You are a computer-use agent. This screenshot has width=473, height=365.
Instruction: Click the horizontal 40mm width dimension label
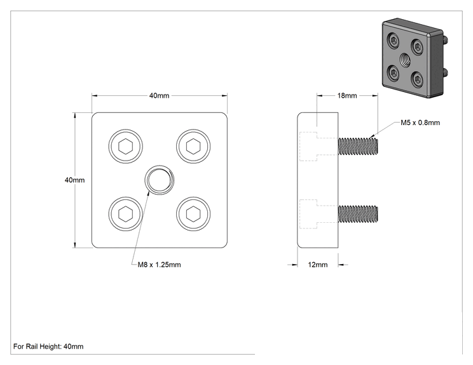(x=160, y=96)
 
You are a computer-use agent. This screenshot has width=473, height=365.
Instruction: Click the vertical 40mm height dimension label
(x=74, y=180)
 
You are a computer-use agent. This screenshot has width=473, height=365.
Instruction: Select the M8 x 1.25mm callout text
(x=160, y=265)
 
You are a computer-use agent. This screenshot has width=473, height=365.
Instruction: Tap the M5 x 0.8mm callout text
(x=420, y=123)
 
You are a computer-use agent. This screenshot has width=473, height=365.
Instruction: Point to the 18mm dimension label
(x=347, y=96)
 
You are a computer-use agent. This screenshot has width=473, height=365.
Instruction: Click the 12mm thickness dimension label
(x=318, y=265)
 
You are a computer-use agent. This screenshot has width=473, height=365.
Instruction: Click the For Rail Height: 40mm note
(x=48, y=347)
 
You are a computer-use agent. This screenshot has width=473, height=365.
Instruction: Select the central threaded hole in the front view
(x=160, y=180)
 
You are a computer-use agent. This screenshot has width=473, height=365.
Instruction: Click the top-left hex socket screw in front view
(x=125, y=147)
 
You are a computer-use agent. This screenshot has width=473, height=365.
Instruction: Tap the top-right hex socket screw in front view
(x=193, y=147)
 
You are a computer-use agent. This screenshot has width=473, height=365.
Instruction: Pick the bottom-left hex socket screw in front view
(x=125, y=214)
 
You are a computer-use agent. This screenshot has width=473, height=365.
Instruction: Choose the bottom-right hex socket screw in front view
(x=193, y=214)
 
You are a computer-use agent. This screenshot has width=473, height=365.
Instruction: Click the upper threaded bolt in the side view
(x=358, y=147)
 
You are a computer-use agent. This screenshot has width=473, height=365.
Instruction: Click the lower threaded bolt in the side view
(x=358, y=214)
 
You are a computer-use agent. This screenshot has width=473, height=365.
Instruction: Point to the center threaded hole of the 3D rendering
(x=405, y=60)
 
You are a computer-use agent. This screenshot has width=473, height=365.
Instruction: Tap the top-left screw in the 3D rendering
(x=394, y=41)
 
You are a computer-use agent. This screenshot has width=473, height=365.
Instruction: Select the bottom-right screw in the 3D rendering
(x=418, y=79)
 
